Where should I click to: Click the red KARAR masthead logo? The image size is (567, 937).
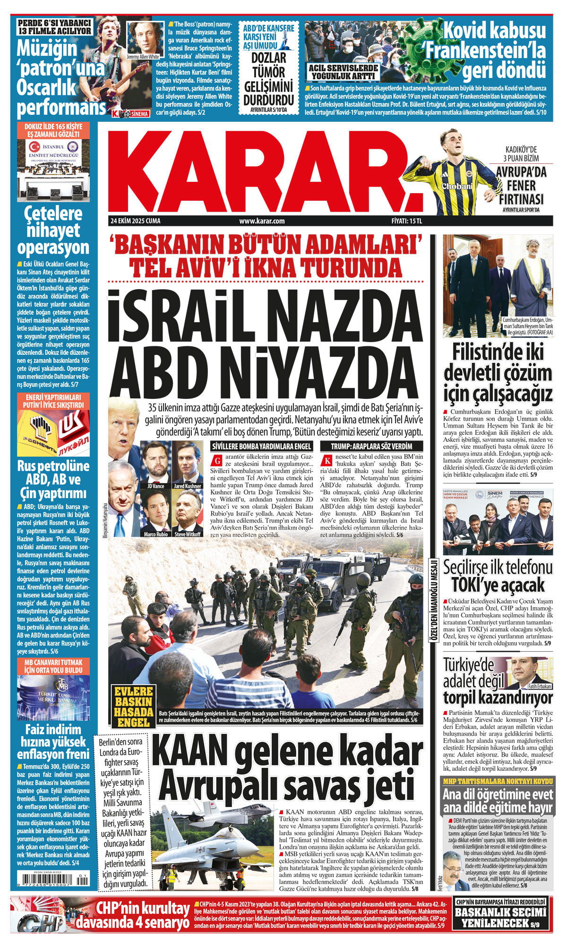[x=262, y=170]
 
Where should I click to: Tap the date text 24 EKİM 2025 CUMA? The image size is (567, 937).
[x=135, y=221]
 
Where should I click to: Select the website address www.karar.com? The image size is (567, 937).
[x=262, y=221]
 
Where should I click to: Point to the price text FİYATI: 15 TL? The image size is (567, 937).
[x=406, y=221]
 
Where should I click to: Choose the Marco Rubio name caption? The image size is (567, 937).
[x=155, y=534]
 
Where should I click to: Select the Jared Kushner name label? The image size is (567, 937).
[x=188, y=486]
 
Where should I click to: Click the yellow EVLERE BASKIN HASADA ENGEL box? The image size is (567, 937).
[x=134, y=706]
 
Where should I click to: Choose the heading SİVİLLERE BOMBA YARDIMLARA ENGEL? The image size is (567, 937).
[x=262, y=446]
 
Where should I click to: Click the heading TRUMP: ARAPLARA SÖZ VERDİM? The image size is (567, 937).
[x=371, y=446]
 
